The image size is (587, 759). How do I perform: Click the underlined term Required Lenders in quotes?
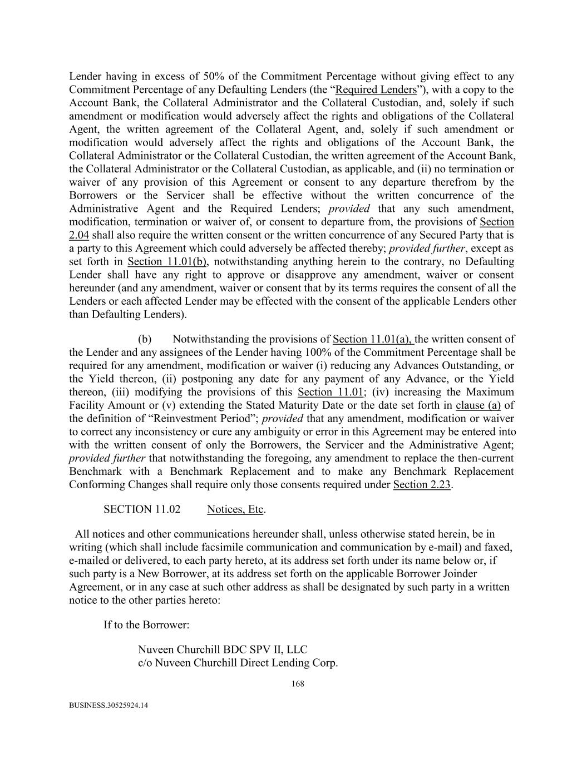tap(376, 90)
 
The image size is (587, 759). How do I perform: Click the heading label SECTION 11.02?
tap(142, 509)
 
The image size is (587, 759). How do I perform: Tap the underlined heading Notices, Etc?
tap(235, 509)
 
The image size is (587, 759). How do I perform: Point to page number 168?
tap(298, 684)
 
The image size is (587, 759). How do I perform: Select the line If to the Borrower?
tap(146, 624)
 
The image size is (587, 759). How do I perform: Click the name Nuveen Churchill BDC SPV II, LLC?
tap(223, 649)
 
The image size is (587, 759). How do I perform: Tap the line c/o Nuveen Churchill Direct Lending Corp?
tap(238, 663)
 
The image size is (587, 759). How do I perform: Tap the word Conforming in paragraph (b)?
tap(96, 484)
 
